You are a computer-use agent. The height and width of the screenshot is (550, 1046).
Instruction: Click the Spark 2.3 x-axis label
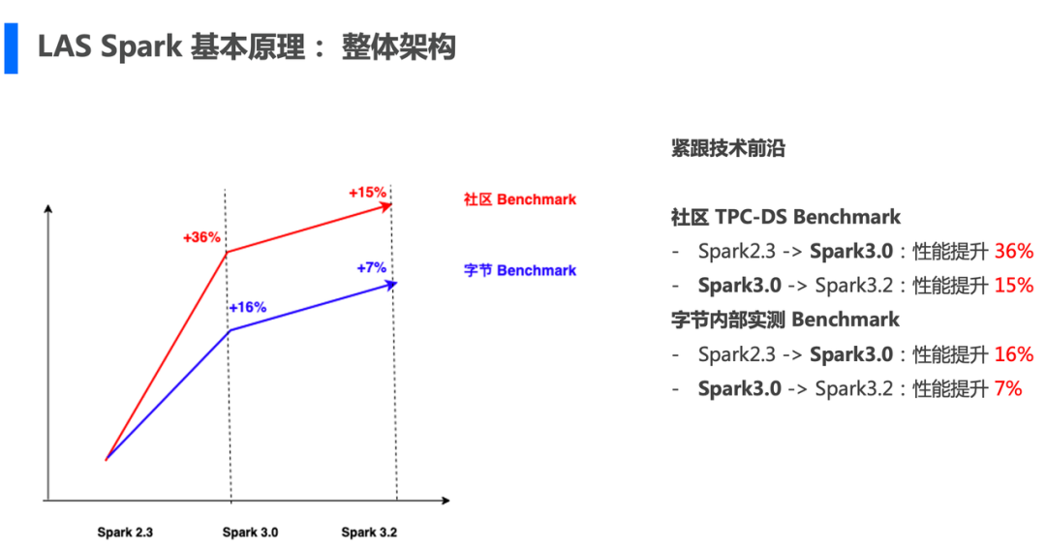pos(125,533)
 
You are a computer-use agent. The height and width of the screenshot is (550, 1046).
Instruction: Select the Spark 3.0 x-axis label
pos(250,533)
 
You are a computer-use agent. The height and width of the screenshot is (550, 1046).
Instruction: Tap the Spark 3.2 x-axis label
pos(369,533)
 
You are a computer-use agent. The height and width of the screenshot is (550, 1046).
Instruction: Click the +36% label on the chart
pos(201,236)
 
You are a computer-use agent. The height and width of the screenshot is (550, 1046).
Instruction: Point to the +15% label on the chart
pos(367,192)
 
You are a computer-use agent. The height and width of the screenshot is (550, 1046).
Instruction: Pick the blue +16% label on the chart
pos(247,307)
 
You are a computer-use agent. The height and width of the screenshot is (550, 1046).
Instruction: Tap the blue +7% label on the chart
pos(371,267)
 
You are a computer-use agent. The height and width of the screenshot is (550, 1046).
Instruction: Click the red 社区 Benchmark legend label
pos(519,199)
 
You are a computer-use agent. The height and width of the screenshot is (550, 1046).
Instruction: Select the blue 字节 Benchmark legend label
pos(519,270)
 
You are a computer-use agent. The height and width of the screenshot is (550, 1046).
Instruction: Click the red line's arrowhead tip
pos(390,205)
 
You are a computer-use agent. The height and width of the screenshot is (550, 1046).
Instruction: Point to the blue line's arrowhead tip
pos(395,284)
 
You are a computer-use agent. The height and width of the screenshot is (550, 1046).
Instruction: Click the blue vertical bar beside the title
pos(11,47)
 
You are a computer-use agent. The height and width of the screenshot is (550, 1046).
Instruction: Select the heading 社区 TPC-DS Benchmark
pos(785,217)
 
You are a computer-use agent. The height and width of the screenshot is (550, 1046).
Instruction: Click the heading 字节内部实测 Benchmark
pos(784,320)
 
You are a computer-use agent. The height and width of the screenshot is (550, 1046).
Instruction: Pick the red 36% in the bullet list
pos(1013,251)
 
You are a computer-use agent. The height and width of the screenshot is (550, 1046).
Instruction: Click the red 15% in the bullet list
pos(1013,286)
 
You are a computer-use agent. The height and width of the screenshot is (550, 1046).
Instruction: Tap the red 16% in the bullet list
pos(1013,354)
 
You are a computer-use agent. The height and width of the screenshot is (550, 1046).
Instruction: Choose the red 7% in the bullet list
pos(1007,388)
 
